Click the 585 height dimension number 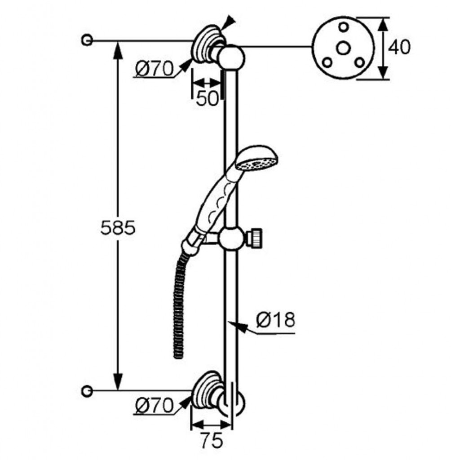click(x=117, y=228)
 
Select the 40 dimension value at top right click(x=399, y=47)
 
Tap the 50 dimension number click(x=207, y=98)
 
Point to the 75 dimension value click(x=211, y=441)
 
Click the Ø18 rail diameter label click(x=276, y=320)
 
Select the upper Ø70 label click(x=154, y=69)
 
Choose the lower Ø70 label click(x=154, y=406)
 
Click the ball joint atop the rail click(x=233, y=57)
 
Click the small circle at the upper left click(x=87, y=40)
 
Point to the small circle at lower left click(x=87, y=390)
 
